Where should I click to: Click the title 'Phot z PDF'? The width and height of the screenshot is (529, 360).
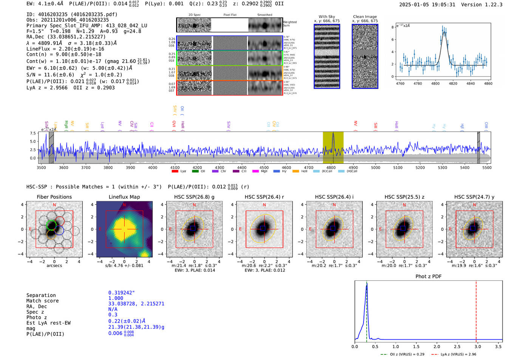pyautogui.click(x=428, y=277)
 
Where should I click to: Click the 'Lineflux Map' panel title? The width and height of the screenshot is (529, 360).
pyautogui.click(x=124, y=197)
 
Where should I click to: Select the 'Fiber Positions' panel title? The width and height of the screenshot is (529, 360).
pyautogui.click(x=54, y=197)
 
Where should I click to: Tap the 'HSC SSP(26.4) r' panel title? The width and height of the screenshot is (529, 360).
pyautogui.click(x=264, y=197)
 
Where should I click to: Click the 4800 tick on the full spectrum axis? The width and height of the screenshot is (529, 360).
pyautogui.click(x=331, y=168)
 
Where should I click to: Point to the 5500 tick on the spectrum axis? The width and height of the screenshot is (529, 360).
pyautogui.click(x=487, y=168)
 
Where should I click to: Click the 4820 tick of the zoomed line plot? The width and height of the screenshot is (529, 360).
pyautogui.click(x=453, y=83)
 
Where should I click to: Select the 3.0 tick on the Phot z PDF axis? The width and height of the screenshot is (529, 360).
pyautogui.click(x=478, y=346)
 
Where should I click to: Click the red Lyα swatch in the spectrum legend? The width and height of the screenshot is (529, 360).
pyautogui.click(x=175, y=172)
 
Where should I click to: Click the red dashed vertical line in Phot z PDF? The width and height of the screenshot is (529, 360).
pyautogui.click(x=476, y=310)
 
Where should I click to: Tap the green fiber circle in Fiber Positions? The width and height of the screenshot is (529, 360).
pyautogui.click(x=51, y=226)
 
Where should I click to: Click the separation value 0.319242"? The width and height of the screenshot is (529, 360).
pyautogui.click(x=121, y=293)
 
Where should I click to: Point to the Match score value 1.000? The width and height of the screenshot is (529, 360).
pyautogui.click(x=115, y=298)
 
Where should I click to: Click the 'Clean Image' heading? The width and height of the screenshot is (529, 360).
pyautogui.click(x=365, y=17)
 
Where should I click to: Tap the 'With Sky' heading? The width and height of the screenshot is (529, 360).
pyautogui.click(x=327, y=17)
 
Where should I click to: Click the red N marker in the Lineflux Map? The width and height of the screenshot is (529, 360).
pyautogui.click(x=124, y=205)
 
